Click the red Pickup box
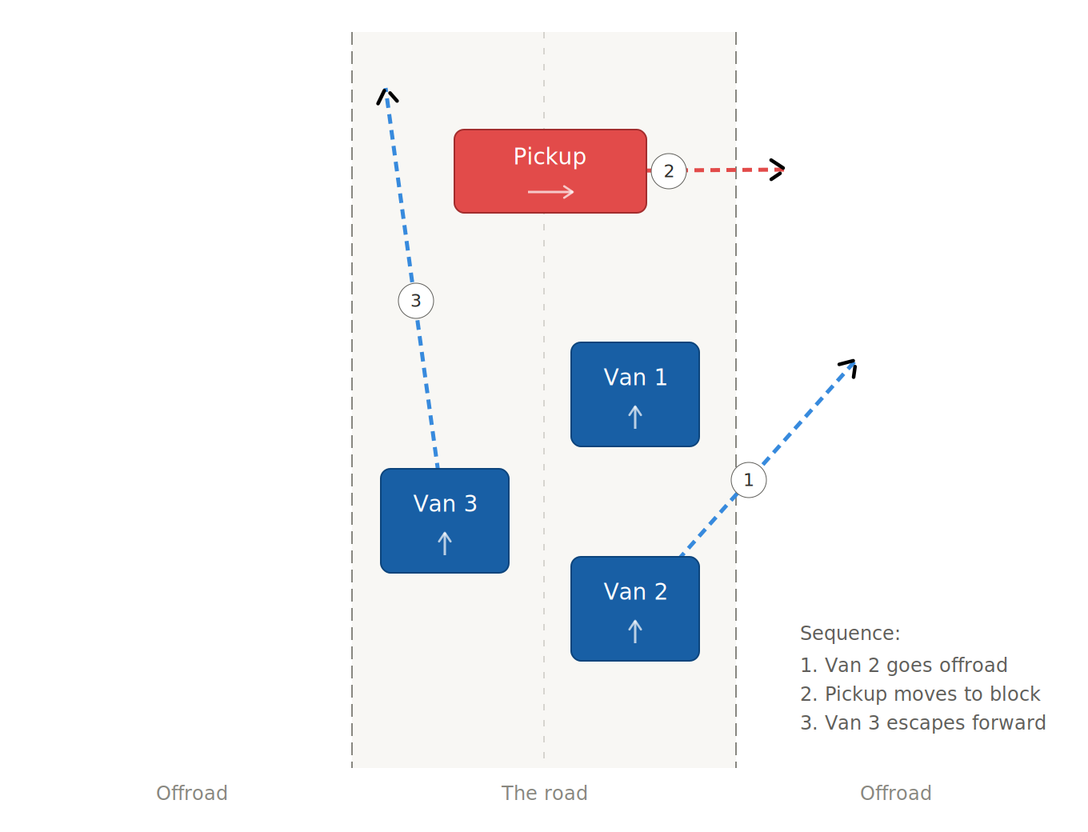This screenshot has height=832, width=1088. (x=550, y=171)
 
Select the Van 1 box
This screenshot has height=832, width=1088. (x=635, y=394)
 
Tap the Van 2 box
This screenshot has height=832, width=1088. (x=635, y=609)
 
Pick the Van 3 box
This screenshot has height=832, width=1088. (x=445, y=521)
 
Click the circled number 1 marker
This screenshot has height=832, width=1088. (x=749, y=480)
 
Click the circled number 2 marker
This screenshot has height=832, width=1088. (x=669, y=171)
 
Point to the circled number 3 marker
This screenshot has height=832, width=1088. (x=416, y=301)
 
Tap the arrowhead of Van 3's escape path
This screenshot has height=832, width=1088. (x=387, y=94)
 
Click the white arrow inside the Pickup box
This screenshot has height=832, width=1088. (x=550, y=192)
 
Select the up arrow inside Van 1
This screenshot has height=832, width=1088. (x=635, y=417)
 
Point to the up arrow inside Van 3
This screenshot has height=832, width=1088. (x=445, y=543)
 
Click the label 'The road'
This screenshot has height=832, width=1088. (x=544, y=793)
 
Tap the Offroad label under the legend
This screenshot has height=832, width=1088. (x=895, y=793)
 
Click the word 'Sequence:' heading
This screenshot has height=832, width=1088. (x=850, y=633)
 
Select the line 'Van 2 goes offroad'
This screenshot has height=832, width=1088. (x=904, y=665)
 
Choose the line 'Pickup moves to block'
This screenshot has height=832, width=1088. (x=920, y=694)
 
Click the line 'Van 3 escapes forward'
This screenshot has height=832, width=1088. (x=922, y=722)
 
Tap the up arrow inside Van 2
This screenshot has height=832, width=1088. (x=635, y=631)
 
